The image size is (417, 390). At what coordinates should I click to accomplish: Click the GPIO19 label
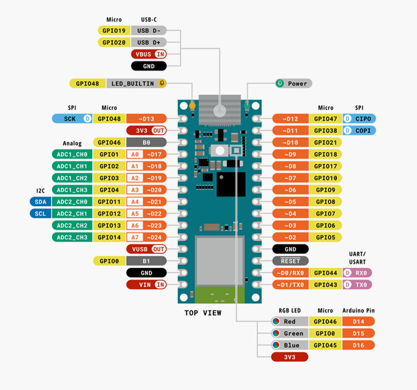[x=114, y=31]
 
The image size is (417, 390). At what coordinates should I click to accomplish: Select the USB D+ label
[x=148, y=42]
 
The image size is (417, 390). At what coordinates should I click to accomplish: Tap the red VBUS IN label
[x=149, y=54]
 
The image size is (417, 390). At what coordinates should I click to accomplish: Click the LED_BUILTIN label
[x=136, y=83]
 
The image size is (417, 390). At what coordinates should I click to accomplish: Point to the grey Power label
[x=294, y=83]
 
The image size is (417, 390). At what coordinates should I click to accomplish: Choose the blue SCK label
[x=72, y=119]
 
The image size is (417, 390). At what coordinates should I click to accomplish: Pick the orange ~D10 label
[x=290, y=142]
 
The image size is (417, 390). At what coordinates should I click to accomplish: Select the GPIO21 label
[x=325, y=142]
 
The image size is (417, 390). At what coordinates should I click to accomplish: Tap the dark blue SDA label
[x=41, y=202]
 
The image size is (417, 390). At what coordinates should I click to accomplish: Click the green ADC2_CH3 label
[x=72, y=237]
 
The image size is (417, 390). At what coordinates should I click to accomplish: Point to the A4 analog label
[x=135, y=202]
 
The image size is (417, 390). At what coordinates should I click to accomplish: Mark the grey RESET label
[x=290, y=261]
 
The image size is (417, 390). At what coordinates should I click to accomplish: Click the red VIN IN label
[x=147, y=285]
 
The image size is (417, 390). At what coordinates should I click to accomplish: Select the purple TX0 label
[x=357, y=285]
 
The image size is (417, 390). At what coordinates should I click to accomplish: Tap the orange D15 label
[x=358, y=333]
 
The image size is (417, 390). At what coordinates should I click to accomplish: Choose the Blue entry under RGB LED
[x=290, y=345]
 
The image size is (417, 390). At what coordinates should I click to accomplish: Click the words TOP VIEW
[x=203, y=313]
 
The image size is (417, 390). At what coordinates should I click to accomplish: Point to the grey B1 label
[x=147, y=261]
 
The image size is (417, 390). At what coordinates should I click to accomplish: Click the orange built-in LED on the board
[x=192, y=106]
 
